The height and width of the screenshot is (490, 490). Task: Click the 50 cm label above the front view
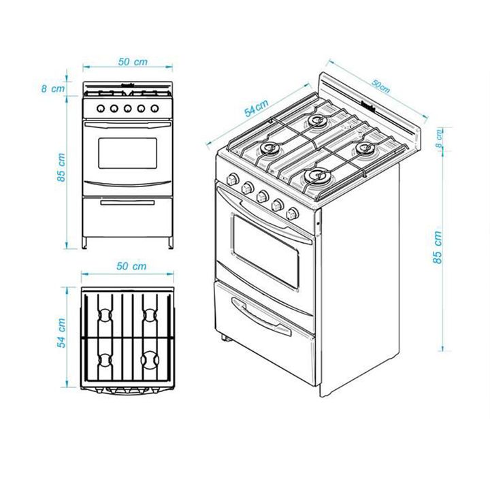click(133, 62)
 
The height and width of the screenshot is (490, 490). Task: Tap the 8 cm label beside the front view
click(53, 88)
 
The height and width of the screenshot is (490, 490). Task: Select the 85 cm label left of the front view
click(61, 167)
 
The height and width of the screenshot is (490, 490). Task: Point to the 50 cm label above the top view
click(131, 266)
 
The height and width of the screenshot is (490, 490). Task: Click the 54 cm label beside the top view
click(61, 333)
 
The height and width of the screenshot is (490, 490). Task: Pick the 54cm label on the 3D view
click(257, 108)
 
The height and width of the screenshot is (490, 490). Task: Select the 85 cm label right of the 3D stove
click(438, 248)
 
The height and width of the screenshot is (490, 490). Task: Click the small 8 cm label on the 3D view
click(439, 139)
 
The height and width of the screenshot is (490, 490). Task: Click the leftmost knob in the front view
click(101, 109)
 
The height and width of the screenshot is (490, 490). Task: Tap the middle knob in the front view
click(127, 109)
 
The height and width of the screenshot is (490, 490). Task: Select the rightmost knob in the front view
click(154, 109)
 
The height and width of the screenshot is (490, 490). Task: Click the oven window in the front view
click(127, 153)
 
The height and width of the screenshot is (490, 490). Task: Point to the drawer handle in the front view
click(127, 203)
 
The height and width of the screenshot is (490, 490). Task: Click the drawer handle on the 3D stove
click(261, 316)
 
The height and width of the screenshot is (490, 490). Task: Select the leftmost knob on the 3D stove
click(233, 179)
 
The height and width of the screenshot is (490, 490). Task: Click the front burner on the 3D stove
click(318, 177)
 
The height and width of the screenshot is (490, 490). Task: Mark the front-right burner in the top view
click(150, 360)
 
